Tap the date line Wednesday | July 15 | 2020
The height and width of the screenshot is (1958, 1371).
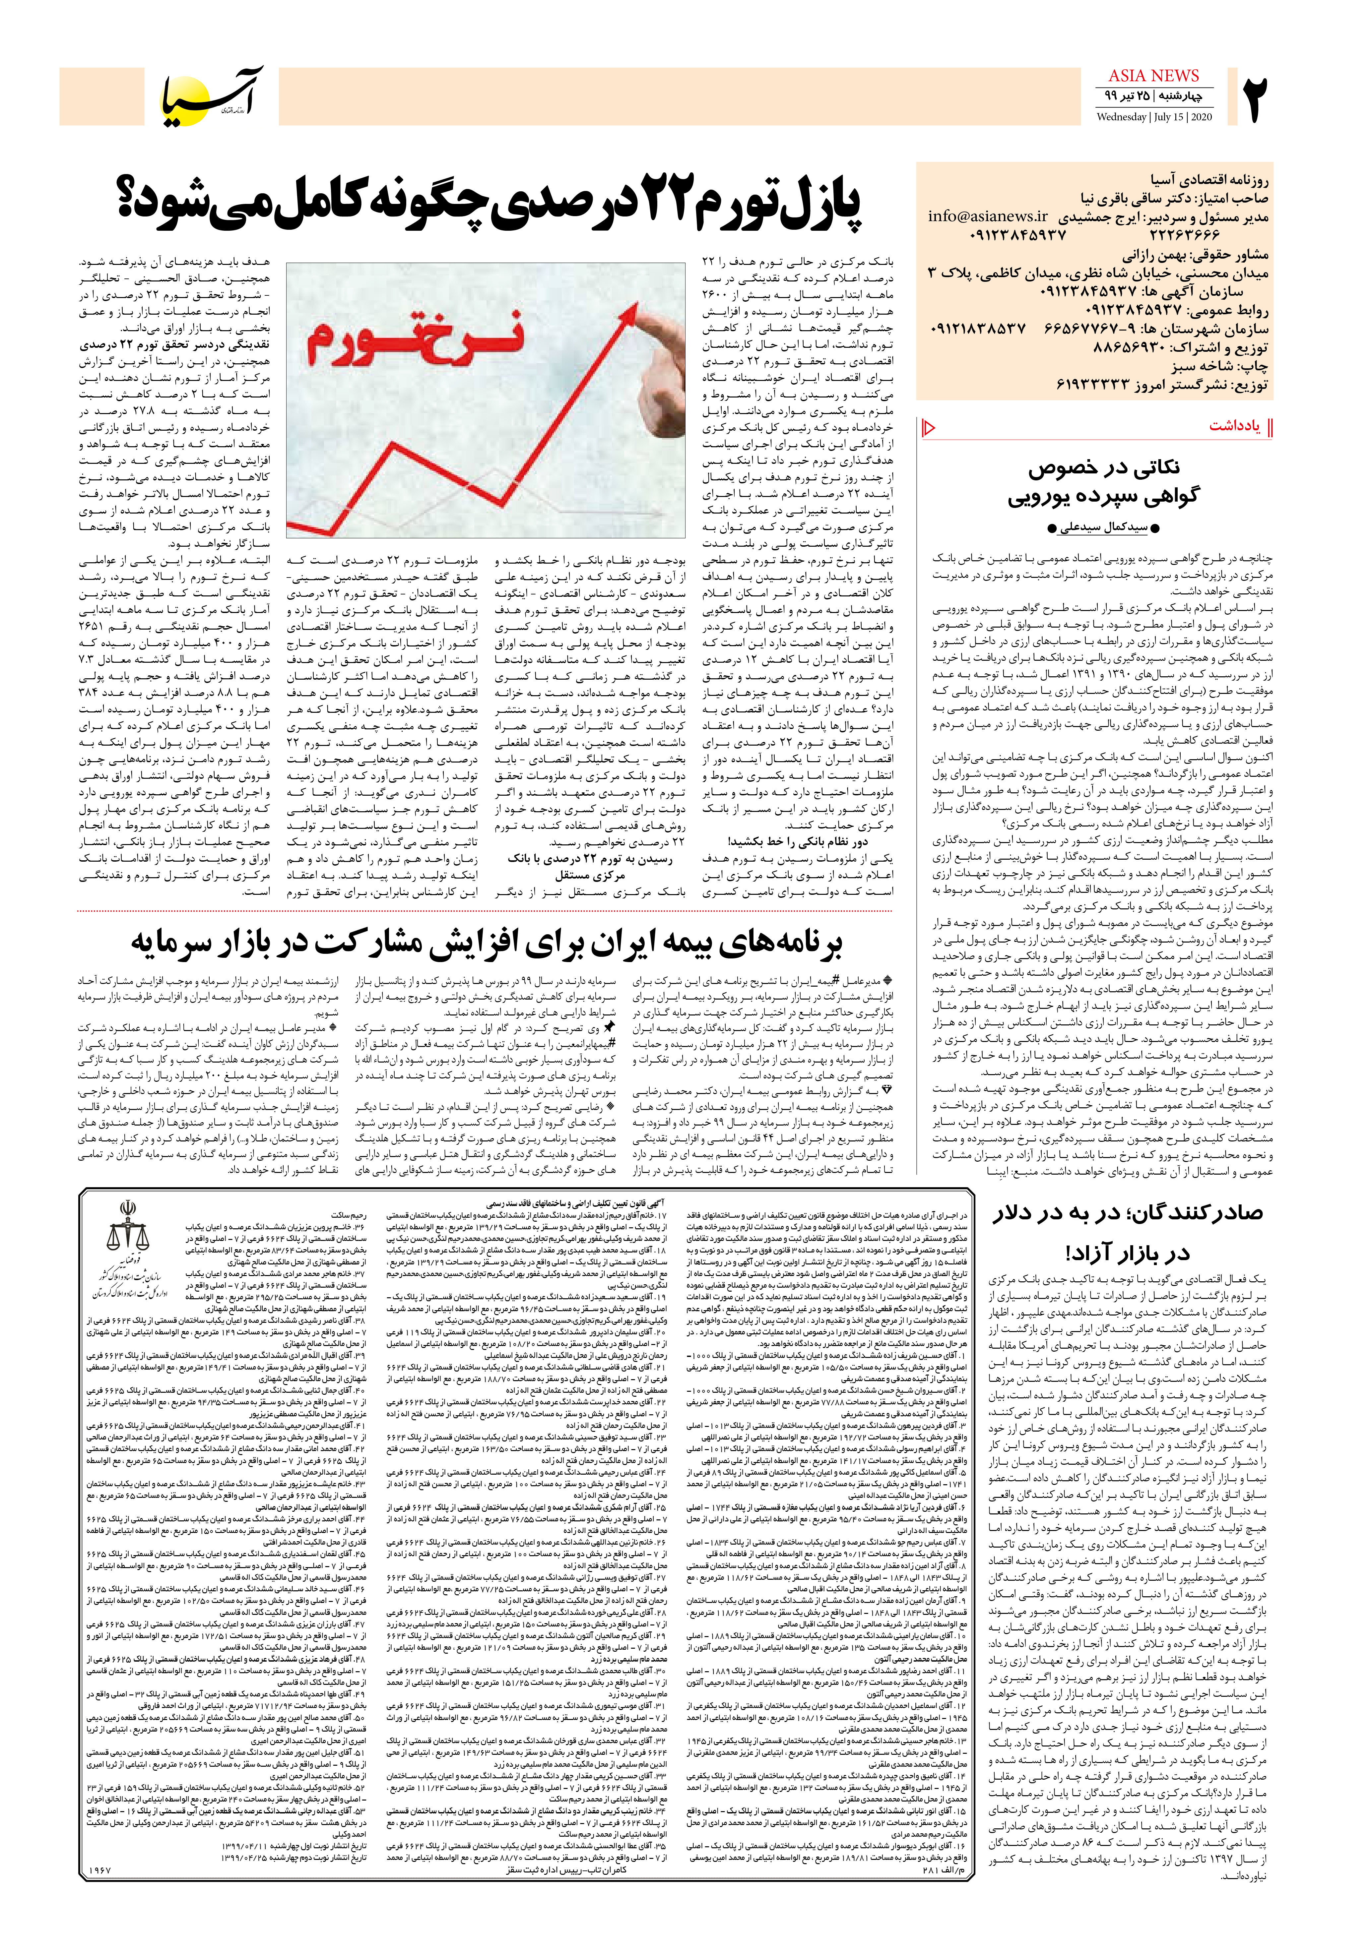tap(1153, 117)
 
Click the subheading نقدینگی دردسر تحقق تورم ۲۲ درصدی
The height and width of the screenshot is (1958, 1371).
tap(174, 345)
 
